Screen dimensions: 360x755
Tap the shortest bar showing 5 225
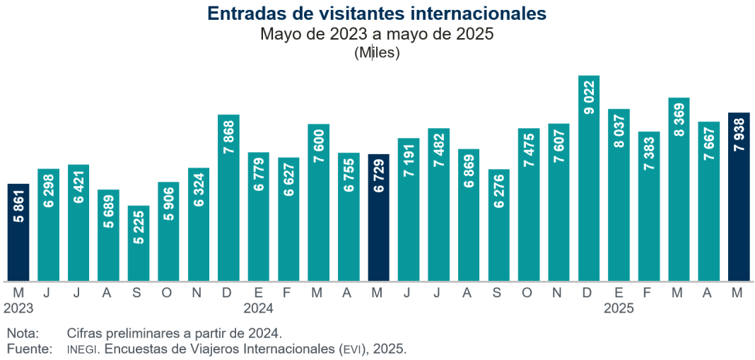click(139, 243)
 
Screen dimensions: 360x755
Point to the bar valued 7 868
click(228, 197)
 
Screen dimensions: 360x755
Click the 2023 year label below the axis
click(18, 308)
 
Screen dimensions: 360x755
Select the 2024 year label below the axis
click(259, 308)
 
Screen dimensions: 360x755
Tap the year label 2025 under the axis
click(619, 308)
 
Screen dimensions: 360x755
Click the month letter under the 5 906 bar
click(168, 293)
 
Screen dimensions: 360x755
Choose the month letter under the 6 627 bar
click(288, 293)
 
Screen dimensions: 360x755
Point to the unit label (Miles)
click(377, 52)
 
